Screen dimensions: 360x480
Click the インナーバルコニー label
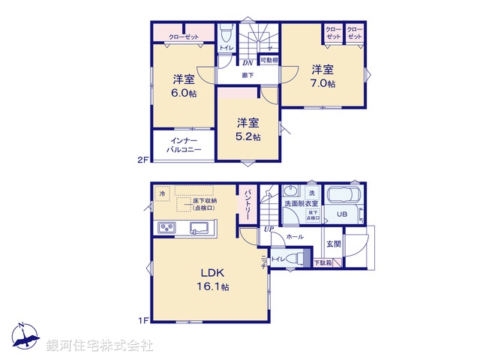[184, 145]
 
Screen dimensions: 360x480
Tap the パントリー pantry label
[247, 204]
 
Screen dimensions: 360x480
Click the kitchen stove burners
[166, 228]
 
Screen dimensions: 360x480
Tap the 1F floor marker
[144, 320]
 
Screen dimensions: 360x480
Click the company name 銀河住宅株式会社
[100, 346]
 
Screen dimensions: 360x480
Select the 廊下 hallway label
[247, 75]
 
